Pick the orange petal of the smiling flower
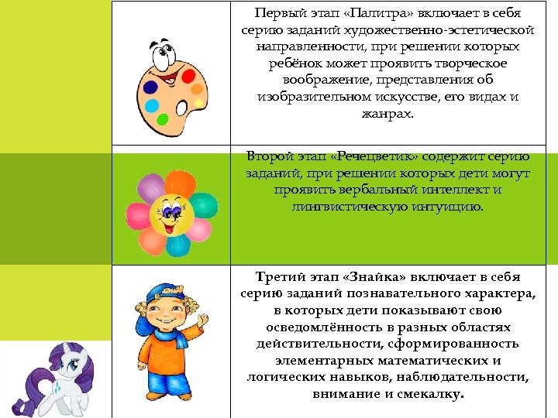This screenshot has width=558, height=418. coord(180,185)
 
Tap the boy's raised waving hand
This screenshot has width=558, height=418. coord(203,318)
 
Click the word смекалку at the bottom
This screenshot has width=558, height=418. coord(430,394)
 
